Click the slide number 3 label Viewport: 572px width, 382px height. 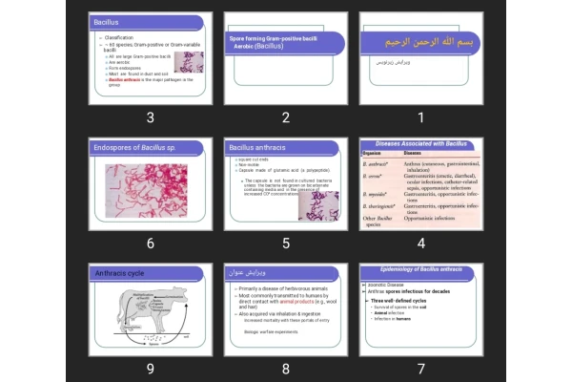tap(150, 117)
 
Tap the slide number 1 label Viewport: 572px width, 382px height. tap(420, 117)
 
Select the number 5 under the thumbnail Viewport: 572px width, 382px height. tap(285, 243)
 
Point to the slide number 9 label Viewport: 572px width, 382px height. tap(150, 369)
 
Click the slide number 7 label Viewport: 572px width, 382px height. tap(420, 369)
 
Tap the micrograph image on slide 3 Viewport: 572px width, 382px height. tap(189, 62)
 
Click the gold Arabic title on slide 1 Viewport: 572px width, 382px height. tap(406, 43)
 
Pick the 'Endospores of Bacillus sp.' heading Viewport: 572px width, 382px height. tap(133, 148)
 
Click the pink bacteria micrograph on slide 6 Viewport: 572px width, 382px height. tap(150, 191)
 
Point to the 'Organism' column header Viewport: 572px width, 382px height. tap(373, 153)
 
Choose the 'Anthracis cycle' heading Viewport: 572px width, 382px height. tap(119, 273)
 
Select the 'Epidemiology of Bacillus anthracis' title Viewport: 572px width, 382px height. tap(420, 269)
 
